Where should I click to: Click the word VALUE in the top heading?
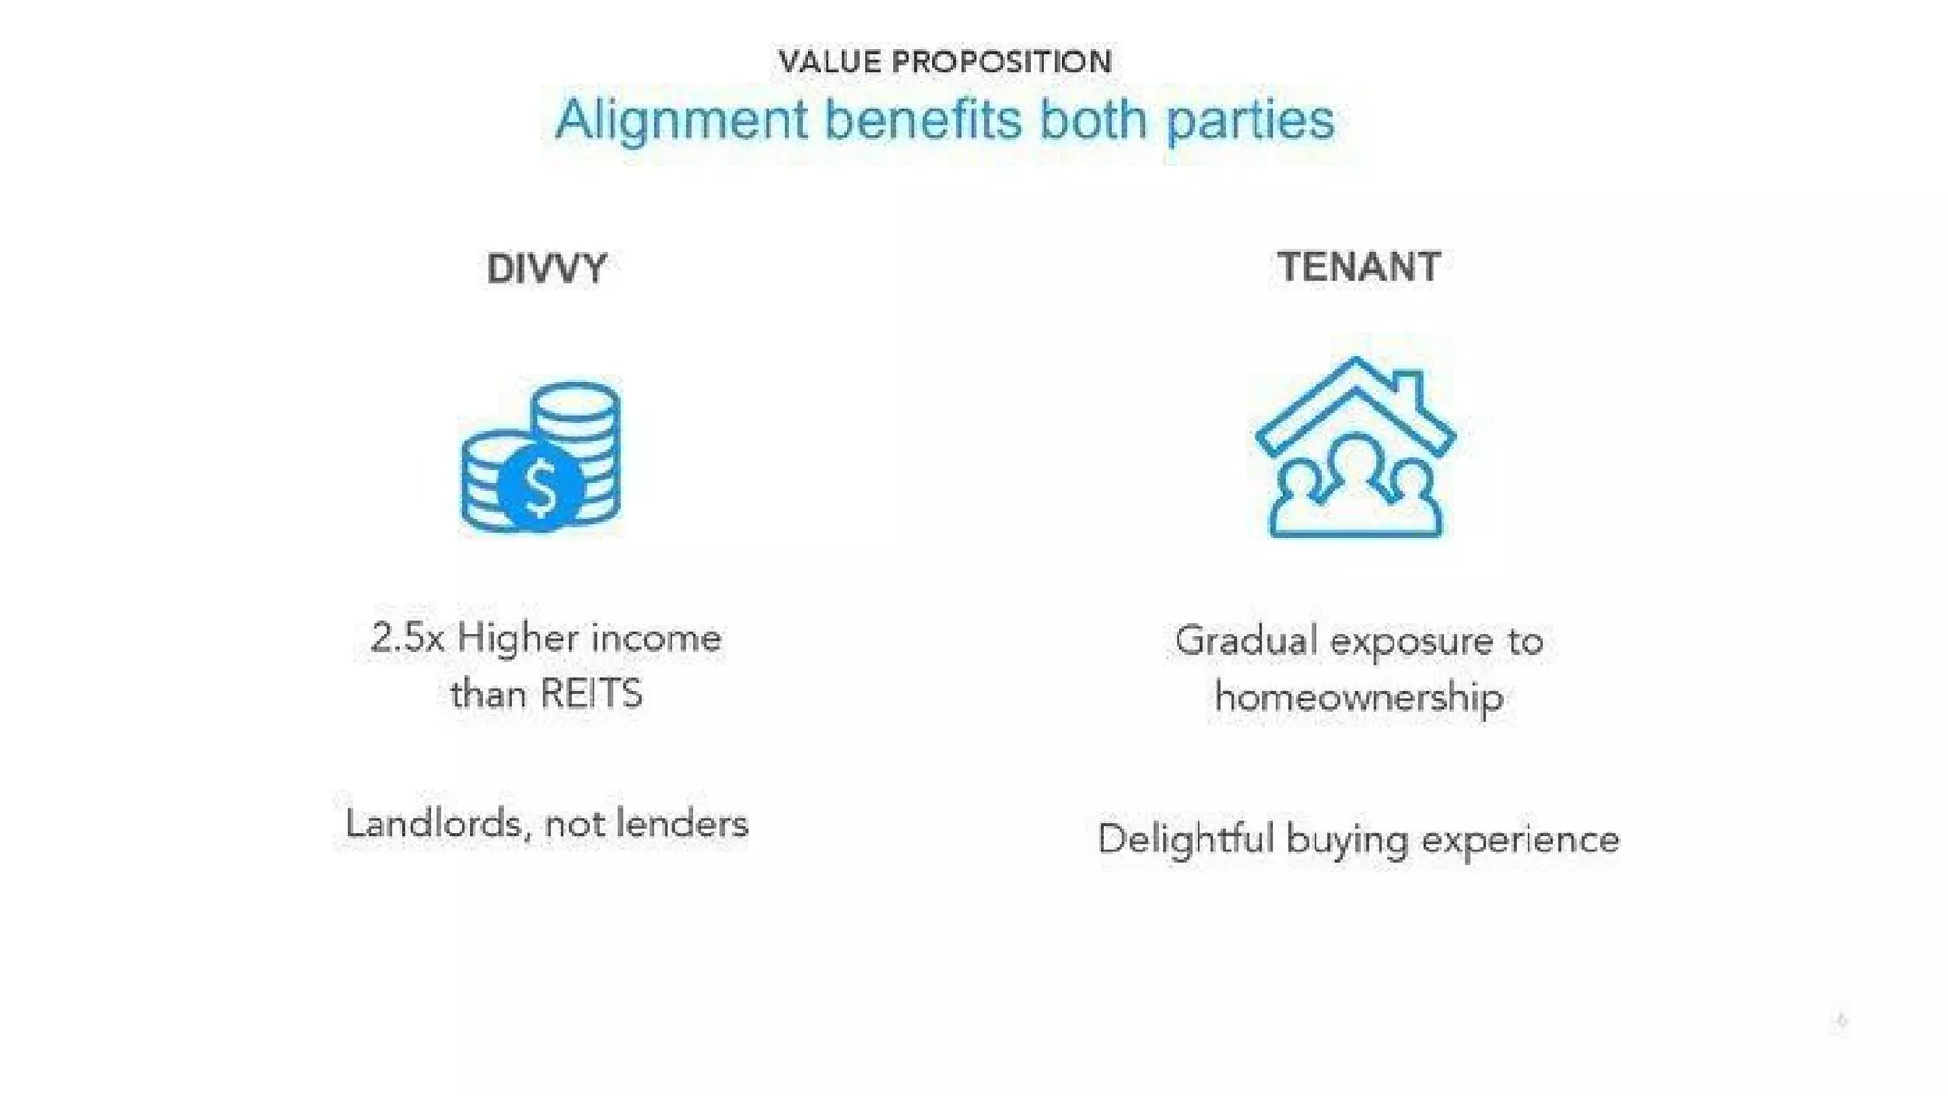(x=828, y=63)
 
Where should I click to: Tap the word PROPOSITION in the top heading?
(x=1002, y=63)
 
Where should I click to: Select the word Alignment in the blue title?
(x=681, y=121)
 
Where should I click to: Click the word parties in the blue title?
(x=1250, y=121)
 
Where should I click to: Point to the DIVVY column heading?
(x=546, y=268)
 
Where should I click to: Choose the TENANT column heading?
(x=1358, y=266)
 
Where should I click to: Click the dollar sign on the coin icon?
(x=540, y=487)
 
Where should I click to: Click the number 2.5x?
(x=407, y=637)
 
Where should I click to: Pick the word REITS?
(x=592, y=694)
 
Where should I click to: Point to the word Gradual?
(x=1245, y=640)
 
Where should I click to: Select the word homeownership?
(x=1358, y=697)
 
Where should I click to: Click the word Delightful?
(x=1184, y=839)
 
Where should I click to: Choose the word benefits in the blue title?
(x=922, y=121)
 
